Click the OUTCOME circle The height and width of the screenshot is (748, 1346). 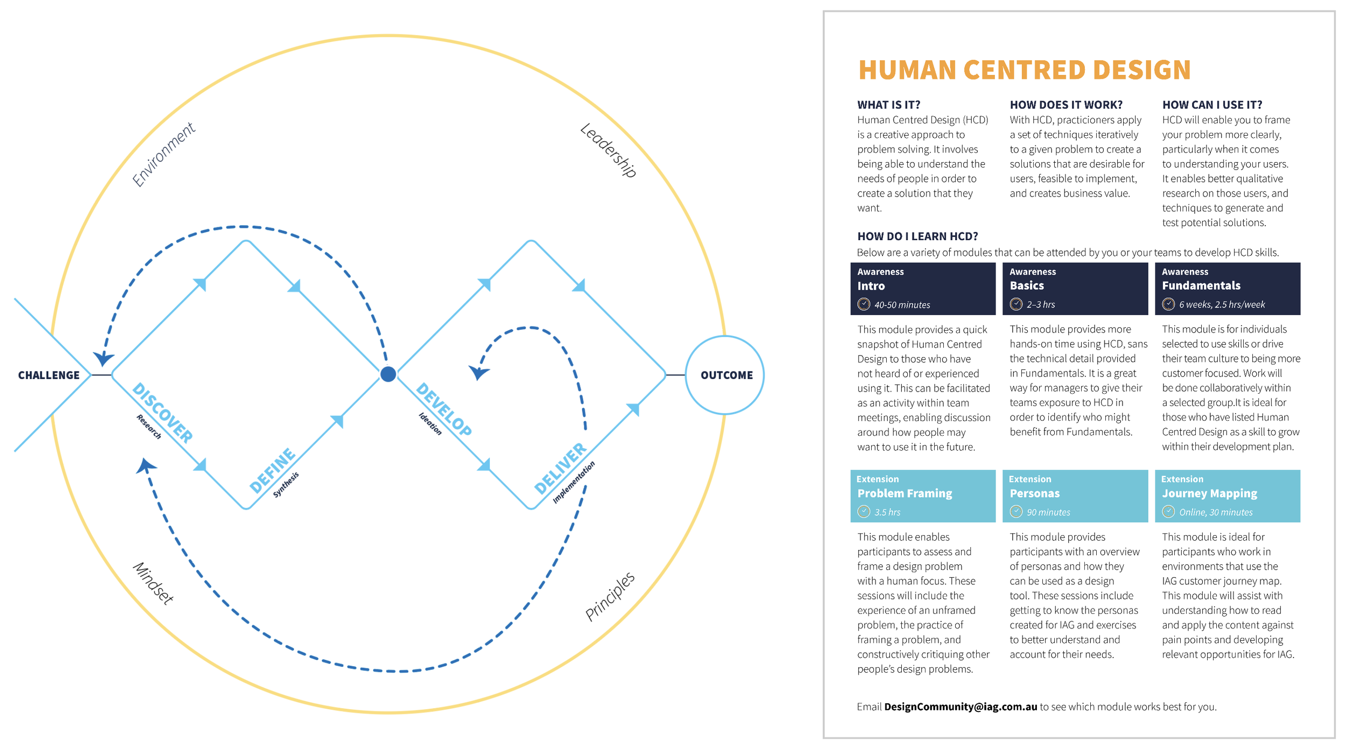(725, 375)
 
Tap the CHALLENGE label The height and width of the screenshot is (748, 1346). (48, 375)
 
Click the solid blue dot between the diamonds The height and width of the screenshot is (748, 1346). (388, 374)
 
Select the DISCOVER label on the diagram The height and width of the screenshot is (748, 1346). (162, 413)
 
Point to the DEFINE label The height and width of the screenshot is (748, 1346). (272, 470)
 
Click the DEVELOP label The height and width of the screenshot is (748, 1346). (444, 409)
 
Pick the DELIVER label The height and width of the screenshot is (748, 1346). (560, 468)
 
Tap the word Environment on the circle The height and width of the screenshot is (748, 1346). (163, 155)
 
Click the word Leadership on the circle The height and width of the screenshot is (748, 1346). (609, 150)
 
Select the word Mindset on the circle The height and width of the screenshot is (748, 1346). (154, 583)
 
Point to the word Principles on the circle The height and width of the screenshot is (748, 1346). (610, 596)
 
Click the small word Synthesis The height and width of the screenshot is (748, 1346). (286, 485)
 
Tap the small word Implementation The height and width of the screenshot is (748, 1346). (574, 482)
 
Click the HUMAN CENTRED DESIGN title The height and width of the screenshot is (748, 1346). (1024, 70)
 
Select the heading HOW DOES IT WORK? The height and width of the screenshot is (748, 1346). (1066, 104)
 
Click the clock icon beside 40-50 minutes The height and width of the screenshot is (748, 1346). (864, 304)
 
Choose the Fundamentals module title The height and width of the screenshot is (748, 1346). (1201, 285)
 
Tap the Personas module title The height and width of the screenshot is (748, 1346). (1034, 493)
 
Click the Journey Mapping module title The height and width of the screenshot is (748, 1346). (1209, 493)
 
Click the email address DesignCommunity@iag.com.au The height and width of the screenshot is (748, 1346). (961, 707)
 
